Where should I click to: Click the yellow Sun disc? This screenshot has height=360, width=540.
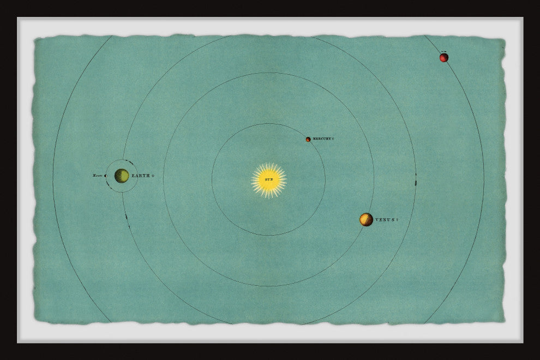269,180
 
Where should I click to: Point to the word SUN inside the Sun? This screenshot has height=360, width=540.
269,179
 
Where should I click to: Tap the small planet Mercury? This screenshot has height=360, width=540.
308,139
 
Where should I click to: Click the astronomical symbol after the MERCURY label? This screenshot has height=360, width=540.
333,139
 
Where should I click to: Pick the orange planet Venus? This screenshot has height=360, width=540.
366,219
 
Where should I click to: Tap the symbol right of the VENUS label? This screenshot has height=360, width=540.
397,220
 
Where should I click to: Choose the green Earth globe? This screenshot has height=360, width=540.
122,176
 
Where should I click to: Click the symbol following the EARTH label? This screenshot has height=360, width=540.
153,176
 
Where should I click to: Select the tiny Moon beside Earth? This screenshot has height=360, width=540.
106,176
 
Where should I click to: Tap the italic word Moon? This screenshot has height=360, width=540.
98,176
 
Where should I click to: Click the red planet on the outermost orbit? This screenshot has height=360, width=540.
444,57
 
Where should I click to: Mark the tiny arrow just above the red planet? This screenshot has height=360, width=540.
444,52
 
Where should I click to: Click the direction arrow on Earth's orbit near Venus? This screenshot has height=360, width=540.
416,180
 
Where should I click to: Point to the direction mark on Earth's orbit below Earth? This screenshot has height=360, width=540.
127,218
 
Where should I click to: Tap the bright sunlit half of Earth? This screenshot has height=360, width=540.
124,176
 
